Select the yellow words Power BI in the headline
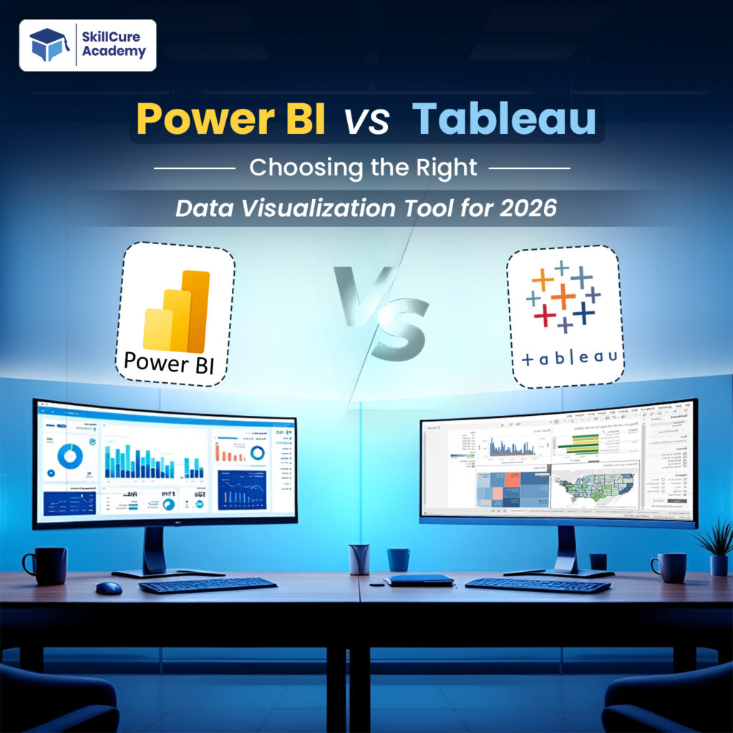point(230,119)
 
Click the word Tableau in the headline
point(504,118)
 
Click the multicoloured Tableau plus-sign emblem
point(563,296)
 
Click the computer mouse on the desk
point(109,588)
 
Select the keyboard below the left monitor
point(207,584)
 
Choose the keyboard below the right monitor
point(538,584)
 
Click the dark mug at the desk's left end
point(47,565)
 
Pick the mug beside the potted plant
point(669,566)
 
